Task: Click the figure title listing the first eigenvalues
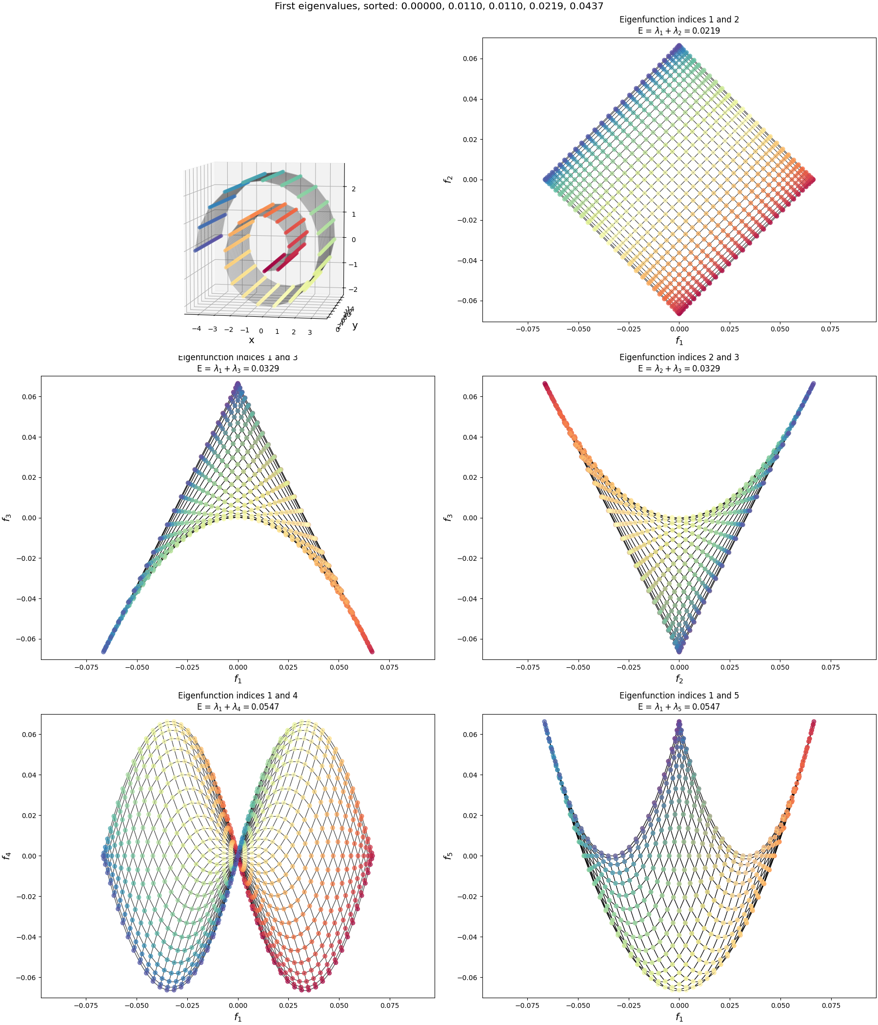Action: (x=439, y=6)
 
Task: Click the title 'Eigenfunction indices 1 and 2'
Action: (x=679, y=20)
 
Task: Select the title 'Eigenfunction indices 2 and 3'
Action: (x=679, y=357)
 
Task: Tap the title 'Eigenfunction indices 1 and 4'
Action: (x=238, y=696)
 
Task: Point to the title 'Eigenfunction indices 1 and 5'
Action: (x=679, y=696)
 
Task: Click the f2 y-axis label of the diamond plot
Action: (x=448, y=180)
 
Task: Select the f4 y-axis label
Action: (x=7, y=856)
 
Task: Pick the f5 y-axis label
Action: (x=448, y=856)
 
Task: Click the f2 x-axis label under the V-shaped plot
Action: (x=679, y=679)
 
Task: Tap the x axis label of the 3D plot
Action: (x=251, y=340)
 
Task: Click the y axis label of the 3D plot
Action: (x=355, y=325)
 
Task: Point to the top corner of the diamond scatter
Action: (x=679, y=46)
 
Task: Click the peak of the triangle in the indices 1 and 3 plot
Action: (x=238, y=384)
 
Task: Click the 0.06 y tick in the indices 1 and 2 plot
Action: (x=470, y=59)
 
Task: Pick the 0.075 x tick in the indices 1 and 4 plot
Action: (x=389, y=1005)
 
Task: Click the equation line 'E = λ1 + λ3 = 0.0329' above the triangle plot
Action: (x=238, y=369)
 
